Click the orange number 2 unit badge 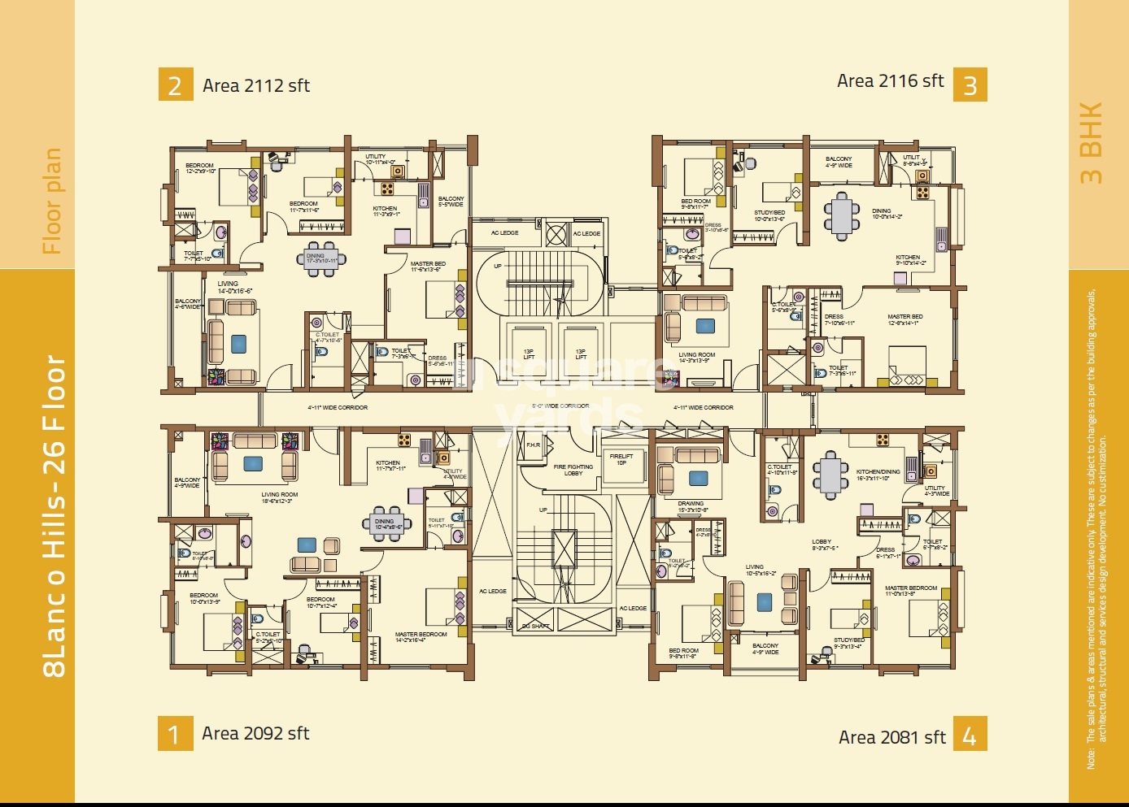(x=175, y=85)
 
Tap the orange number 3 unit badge (x=970, y=85)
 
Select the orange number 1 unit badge (x=175, y=733)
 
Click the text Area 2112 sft (x=256, y=85)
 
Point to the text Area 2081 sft (x=891, y=737)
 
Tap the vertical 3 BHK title (x=1091, y=142)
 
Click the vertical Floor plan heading (x=52, y=201)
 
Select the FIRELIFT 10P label (x=621, y=459)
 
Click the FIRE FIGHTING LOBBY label (x=573, y=470)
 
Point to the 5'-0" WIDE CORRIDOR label (x=560, y=406)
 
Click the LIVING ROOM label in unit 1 (x=279, y=497)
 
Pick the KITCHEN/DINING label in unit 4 (x=878, y=475)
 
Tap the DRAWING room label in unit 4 (x=691, y=506)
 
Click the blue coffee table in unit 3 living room (x=705, y=326)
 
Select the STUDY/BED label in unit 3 (x=769, y=215)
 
